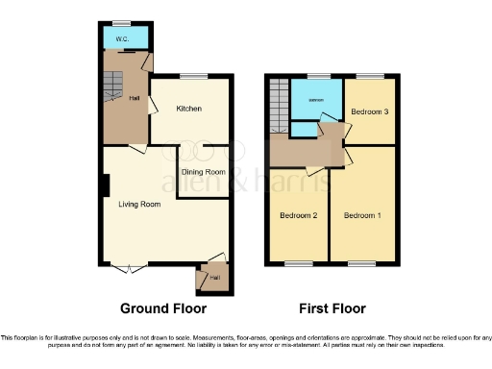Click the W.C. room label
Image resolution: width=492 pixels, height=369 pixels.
click(x=122, y=38)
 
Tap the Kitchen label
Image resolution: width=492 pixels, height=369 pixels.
click(x=188, y=109)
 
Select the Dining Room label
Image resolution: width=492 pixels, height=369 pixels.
click(x=204, y=172)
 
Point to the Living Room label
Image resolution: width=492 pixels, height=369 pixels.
click(x=138, y=204)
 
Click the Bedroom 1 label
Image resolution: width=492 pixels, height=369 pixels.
click(x=363, y=214)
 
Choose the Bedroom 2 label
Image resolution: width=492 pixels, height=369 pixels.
click(x=298, y=214)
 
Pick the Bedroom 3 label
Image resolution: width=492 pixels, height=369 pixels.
click(x=370, y=111)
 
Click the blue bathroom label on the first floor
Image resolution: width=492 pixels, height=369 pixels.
click(x=314, y=101)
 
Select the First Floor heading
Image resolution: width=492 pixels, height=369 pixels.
click(x=330, y=308)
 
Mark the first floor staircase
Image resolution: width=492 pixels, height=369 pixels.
click(x=280, y=104)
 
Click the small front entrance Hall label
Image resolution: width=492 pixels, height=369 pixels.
click(x=214, y=278)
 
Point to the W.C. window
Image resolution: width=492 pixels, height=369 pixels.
click(x=122, y=22)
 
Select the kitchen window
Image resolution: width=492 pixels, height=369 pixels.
click(x=192, y=75)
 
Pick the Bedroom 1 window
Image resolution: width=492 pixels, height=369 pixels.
click(x=362, y=263)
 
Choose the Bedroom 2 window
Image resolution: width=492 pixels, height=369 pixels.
click(x=298, y=263)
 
